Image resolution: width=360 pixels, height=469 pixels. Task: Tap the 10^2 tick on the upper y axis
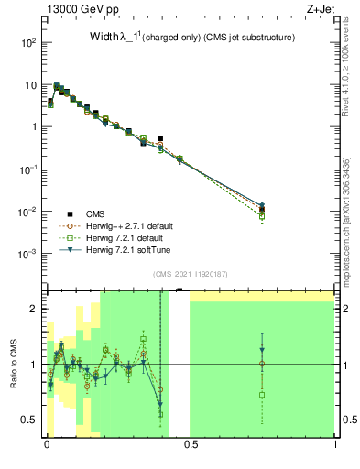(x=29, y=43)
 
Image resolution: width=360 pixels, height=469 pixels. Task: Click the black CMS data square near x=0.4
(x=160, y=139)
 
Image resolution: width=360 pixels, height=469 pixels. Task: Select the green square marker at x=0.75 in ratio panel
(x=262, y=395)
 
